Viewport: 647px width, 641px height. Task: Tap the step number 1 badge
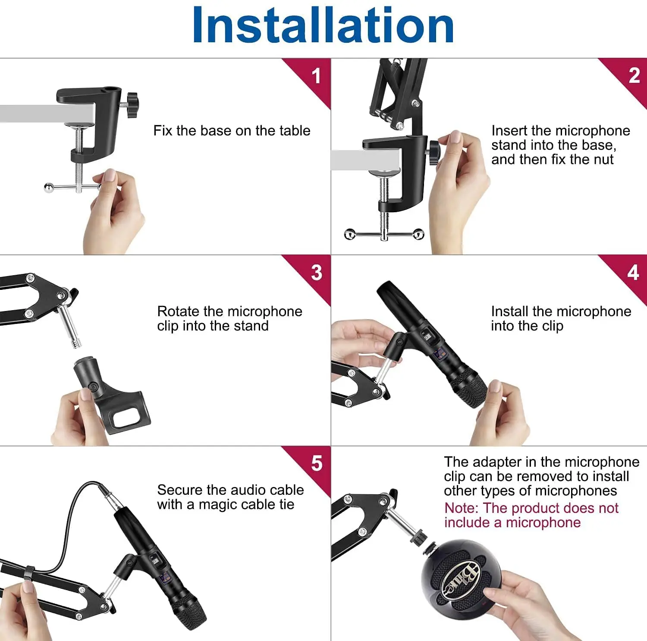316,76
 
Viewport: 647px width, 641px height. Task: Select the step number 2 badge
634,76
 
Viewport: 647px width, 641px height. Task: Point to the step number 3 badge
317,273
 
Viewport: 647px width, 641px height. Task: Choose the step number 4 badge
633,273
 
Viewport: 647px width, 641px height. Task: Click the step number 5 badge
317,464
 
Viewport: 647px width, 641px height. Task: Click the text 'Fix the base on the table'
232,131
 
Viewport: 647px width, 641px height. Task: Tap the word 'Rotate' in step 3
178,311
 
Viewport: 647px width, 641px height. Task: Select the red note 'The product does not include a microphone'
531,515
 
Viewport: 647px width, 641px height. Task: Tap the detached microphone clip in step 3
110,395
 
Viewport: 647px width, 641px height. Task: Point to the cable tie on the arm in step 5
29,573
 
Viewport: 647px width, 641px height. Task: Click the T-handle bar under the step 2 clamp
384,234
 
